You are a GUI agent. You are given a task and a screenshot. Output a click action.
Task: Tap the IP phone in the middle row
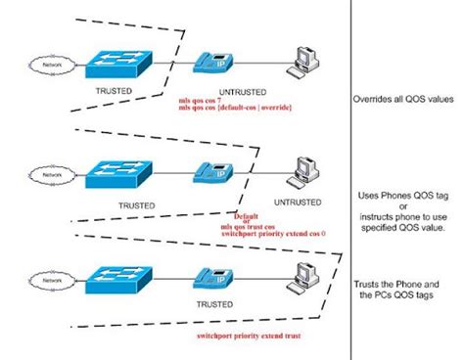[x=211, y=172]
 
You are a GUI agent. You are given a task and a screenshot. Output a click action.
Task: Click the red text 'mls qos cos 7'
[x=205, y=101]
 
